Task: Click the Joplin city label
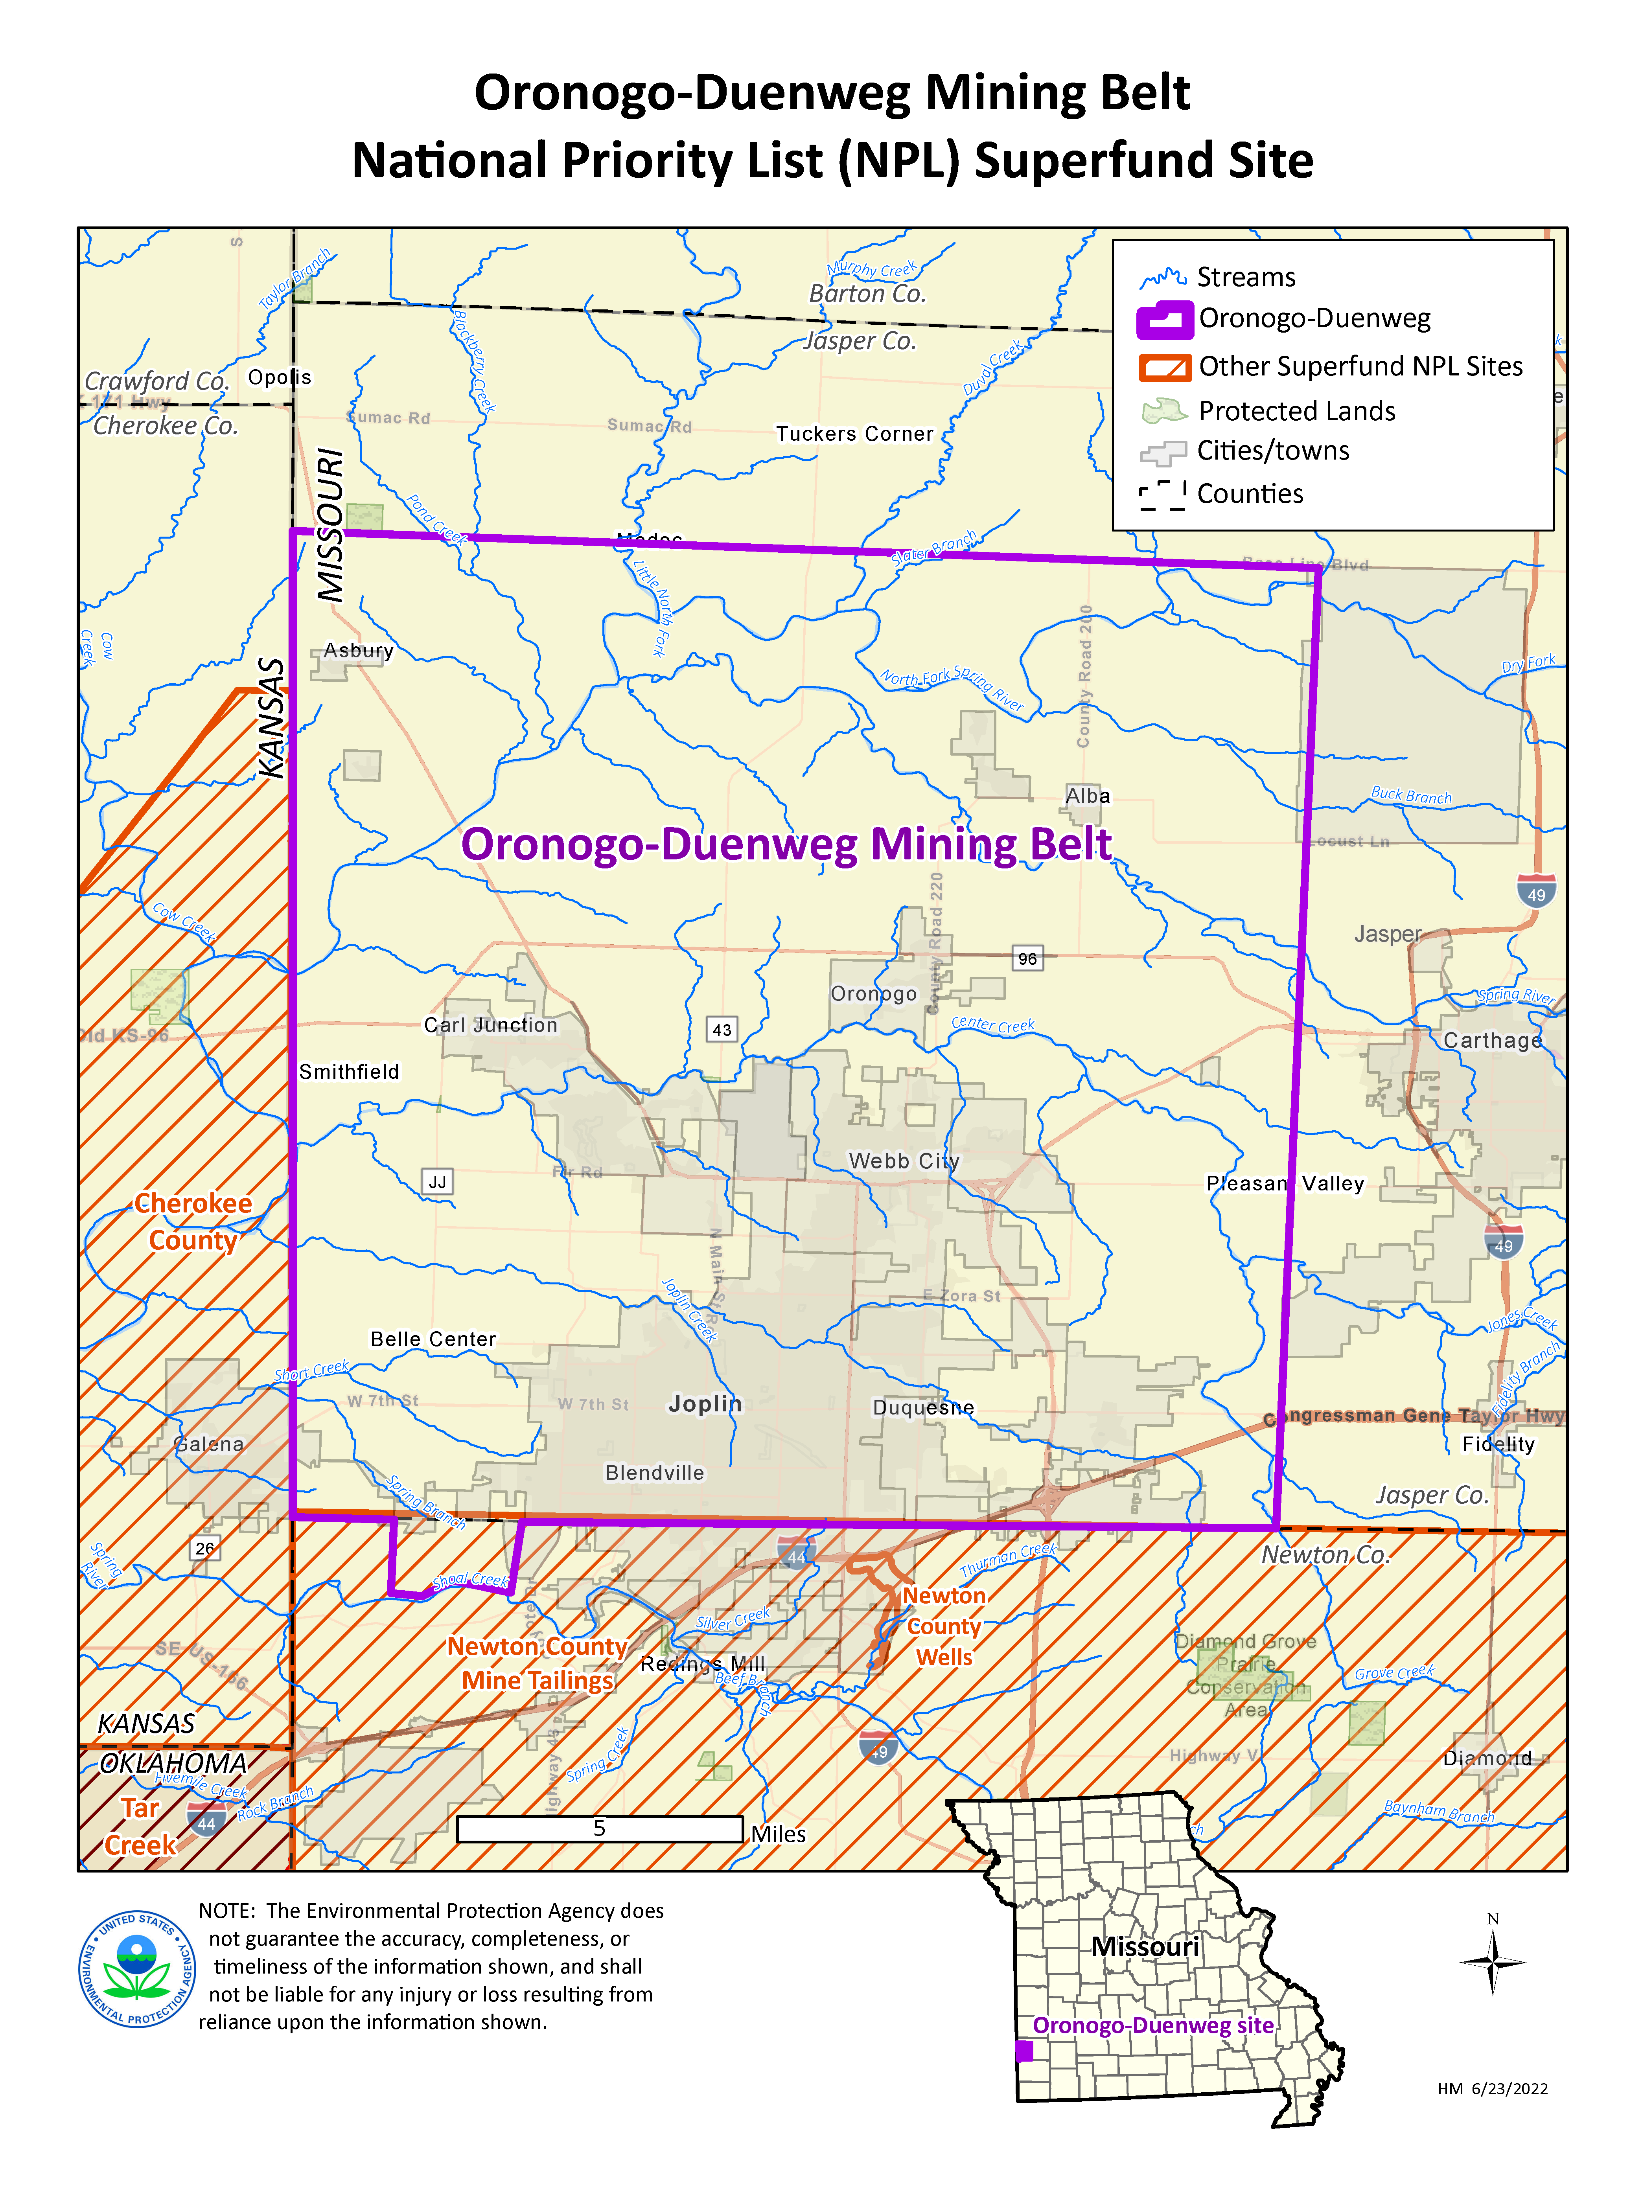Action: (x=705, y=1403)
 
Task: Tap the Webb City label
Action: (x=904, y=1161)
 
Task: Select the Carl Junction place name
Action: (x=491, y=1025)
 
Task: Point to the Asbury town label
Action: (x=358, y=650)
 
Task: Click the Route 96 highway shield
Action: (x=1027, y=958)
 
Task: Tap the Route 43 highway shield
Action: (x=722, y=1029)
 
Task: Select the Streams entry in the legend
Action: (x=1245, y=277)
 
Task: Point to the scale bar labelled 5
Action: (x=600, y=1829)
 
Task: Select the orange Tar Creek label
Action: (x=140, y=1827)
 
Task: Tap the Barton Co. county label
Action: (x=867, y=294)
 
